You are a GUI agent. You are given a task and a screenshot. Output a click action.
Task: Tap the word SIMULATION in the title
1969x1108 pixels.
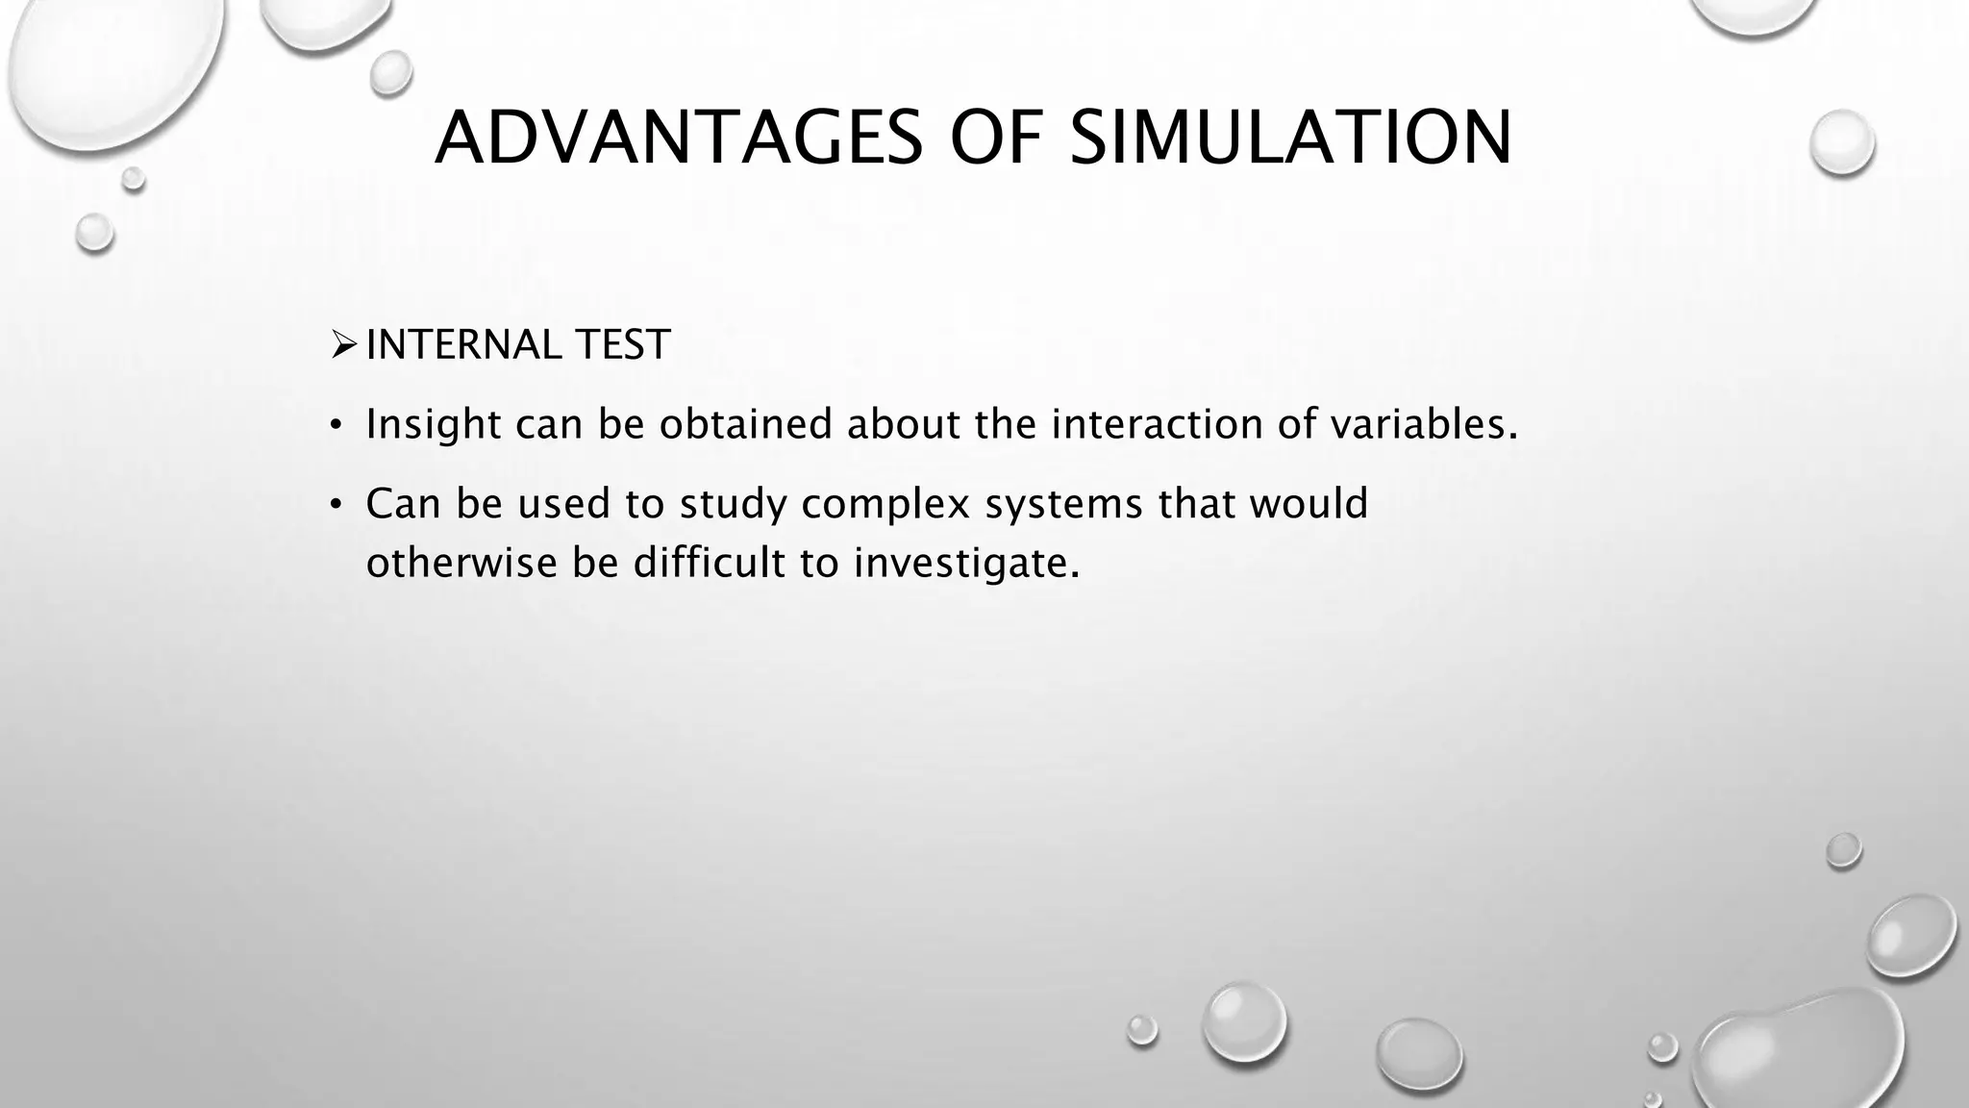1290,138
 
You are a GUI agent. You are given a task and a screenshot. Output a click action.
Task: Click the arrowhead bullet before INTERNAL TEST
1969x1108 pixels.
343,344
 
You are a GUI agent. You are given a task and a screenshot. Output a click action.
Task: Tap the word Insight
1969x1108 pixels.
434,424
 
